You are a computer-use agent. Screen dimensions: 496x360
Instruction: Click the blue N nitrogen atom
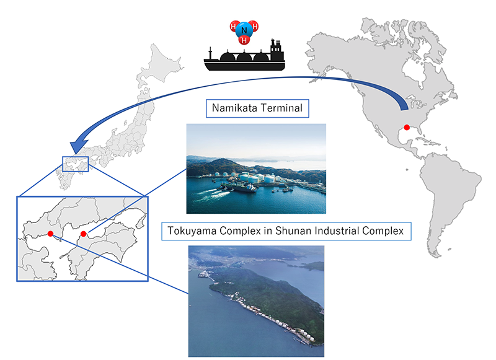[244, 30]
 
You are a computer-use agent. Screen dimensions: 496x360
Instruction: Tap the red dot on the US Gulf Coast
[407, 128]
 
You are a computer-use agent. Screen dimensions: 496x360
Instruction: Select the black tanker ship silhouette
[244, 57]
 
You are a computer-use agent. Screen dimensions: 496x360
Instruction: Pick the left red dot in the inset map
[51, 234]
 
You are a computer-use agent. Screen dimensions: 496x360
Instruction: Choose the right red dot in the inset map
[84, 234]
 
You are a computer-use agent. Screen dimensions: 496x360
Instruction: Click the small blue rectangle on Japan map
[75, 164]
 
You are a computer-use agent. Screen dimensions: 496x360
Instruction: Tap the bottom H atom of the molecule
[244, 40]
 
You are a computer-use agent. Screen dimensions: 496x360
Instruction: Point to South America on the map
[449, 199]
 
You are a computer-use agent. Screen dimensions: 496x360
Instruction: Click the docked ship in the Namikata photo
[244, 189]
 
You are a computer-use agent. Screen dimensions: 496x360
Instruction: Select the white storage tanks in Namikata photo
[253, 178]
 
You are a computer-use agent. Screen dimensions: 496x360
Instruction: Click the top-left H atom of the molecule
[235, 26]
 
